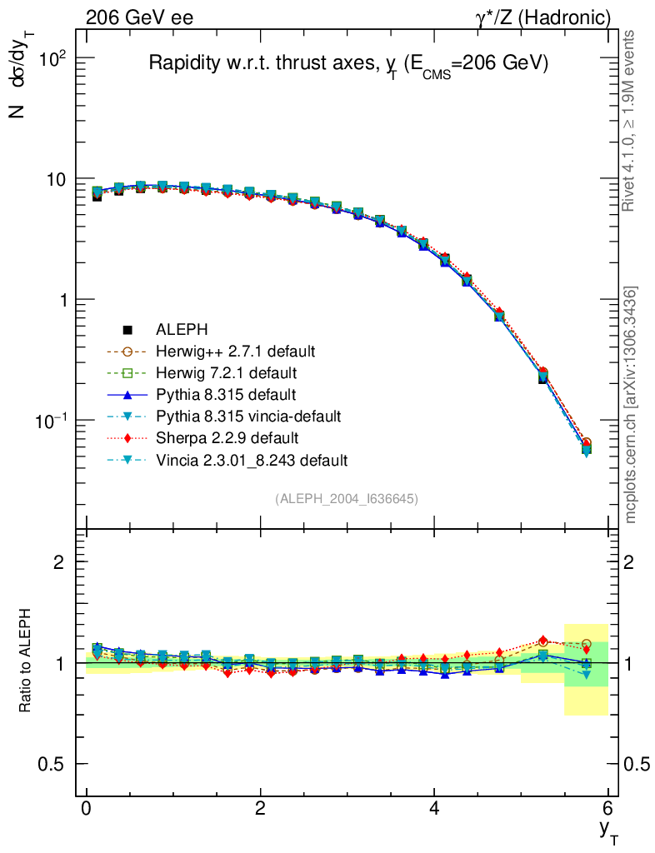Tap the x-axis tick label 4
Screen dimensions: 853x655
click(434, 808)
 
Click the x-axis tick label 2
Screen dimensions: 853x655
click(261, 808)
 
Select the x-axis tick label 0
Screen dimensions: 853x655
click(87, 808)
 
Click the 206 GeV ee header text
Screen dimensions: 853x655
click(139, 17)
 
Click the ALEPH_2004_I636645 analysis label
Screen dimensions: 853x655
click(347, 498)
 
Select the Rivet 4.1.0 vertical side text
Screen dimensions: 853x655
click(631, 121)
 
